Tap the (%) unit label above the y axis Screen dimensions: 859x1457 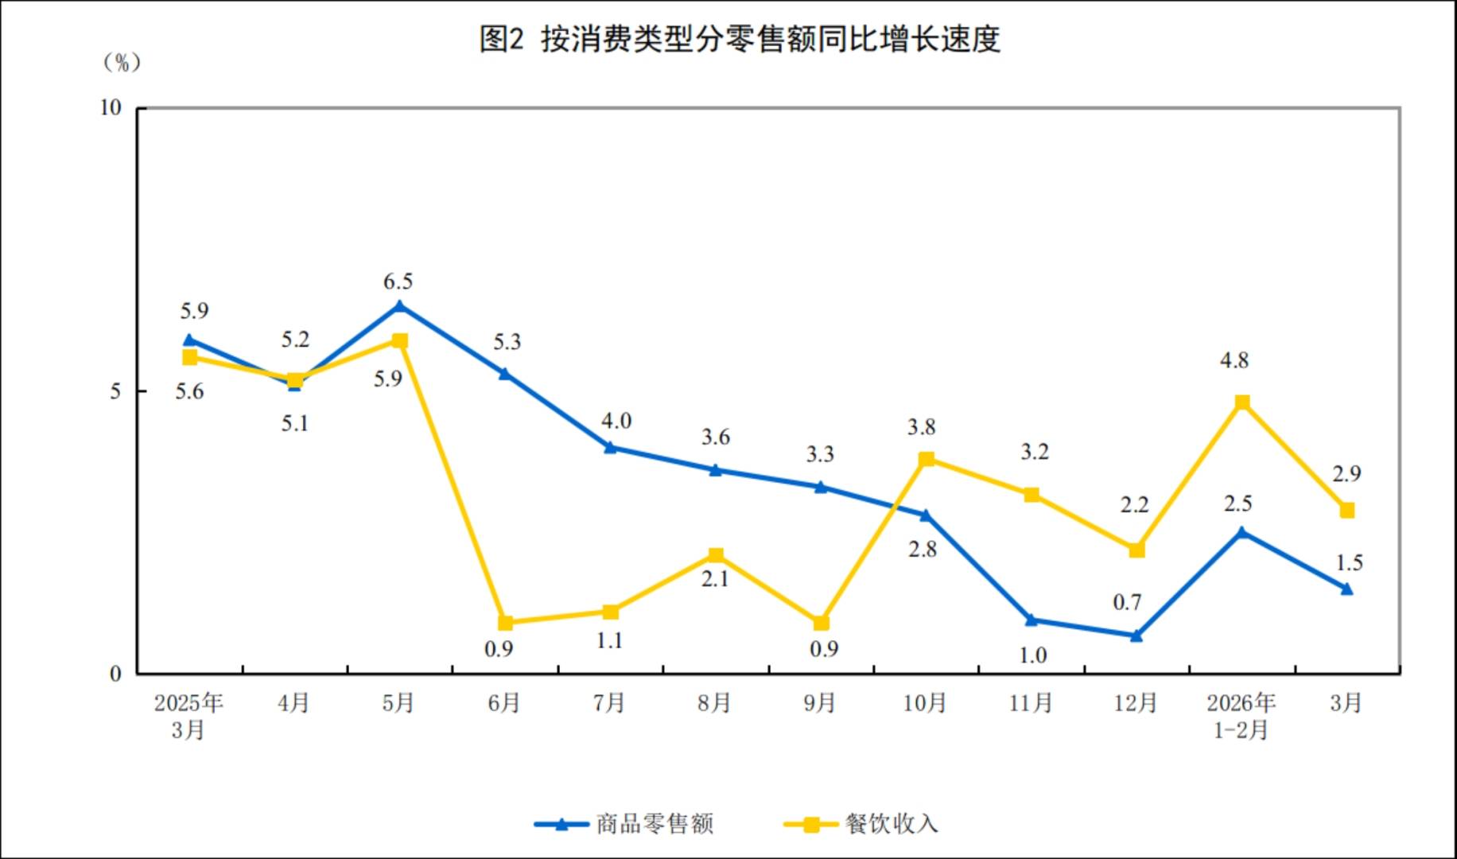coord(122,63)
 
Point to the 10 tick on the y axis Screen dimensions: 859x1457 coord(111,108)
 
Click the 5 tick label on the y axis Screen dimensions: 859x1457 coord(116,391)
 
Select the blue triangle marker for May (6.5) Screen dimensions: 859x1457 coord(399,306)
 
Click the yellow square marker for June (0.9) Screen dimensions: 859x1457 coord(505,623)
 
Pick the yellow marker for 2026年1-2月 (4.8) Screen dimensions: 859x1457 coord(1242,402)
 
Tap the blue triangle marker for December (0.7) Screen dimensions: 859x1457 coord(1136,636)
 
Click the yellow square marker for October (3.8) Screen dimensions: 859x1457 coord(927,459)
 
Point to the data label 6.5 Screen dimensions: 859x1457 coord(398,282)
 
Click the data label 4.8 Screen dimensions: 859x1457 coord(1234,361)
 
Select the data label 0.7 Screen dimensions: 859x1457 coord(1127,603)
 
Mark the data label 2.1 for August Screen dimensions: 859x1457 coord(715,579)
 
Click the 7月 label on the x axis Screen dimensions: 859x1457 coord(608,703)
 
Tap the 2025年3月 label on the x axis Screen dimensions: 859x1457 coord(188,716)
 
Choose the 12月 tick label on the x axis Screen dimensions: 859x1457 coord(1135,703)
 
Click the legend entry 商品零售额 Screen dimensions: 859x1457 coord(654,824)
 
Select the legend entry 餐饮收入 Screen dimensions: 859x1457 coord(891,824)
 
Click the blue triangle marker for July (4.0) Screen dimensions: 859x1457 coord(610,447)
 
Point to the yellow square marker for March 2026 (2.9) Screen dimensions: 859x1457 coord(1347,511)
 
